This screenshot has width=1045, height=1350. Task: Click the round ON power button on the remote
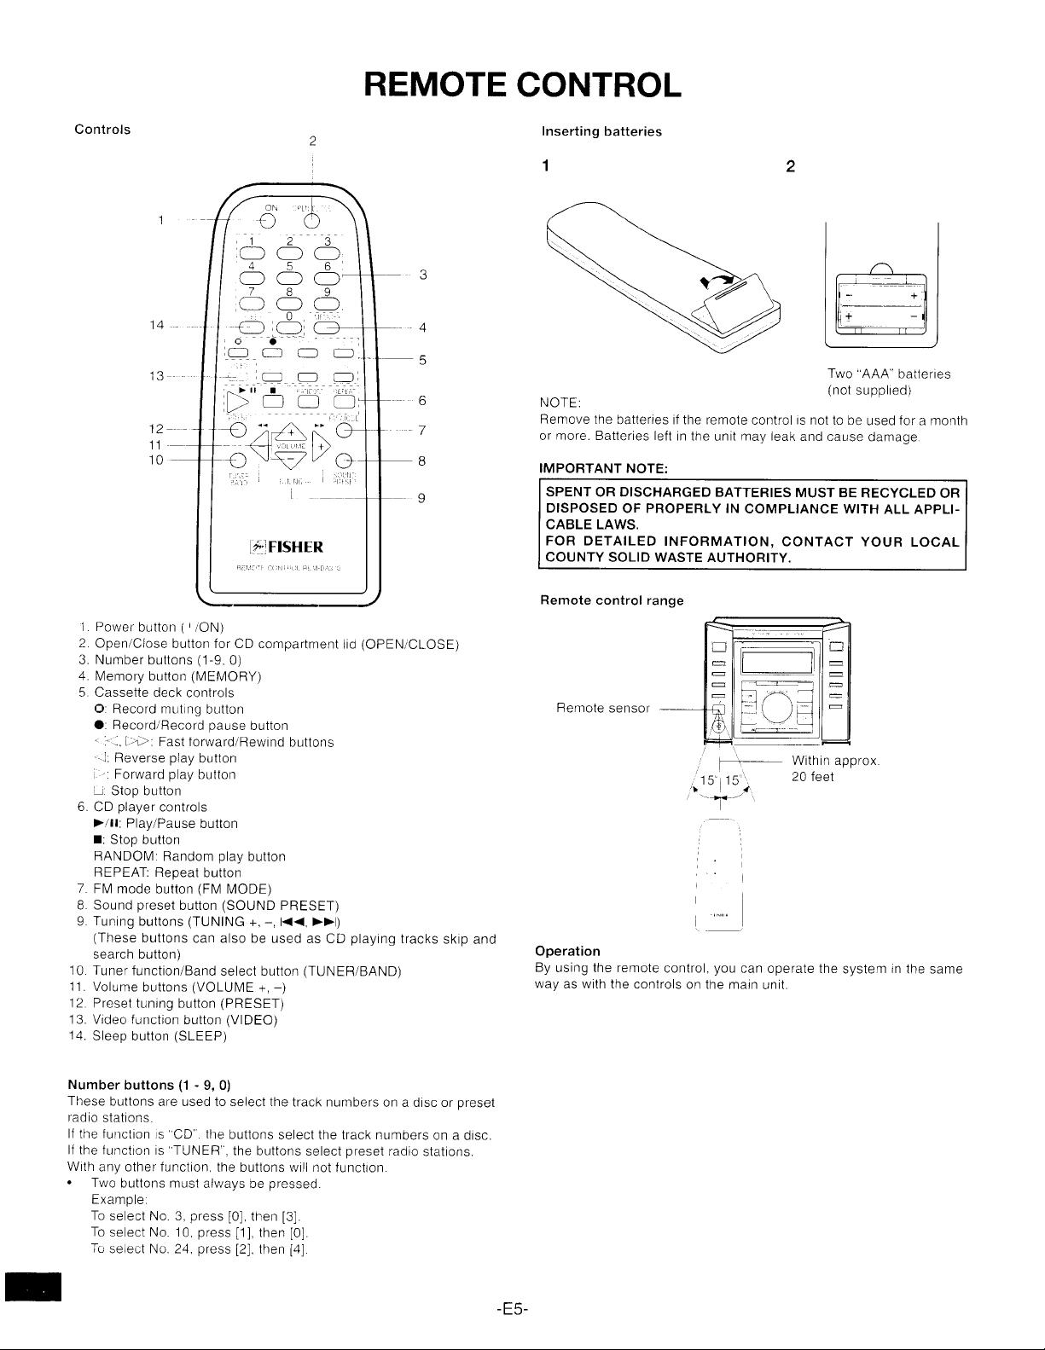(x=268, y=221)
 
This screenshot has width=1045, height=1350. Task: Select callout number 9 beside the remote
(x=421, y=500)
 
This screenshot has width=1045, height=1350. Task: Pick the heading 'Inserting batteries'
(x=602, y=131)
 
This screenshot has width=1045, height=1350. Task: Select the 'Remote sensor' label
(x=602, y=708)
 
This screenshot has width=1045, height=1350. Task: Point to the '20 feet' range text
(x=813, y=777)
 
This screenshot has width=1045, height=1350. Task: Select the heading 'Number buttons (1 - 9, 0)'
(x=148, y=1085)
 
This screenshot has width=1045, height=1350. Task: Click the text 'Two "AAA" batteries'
(x=889, y=374)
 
